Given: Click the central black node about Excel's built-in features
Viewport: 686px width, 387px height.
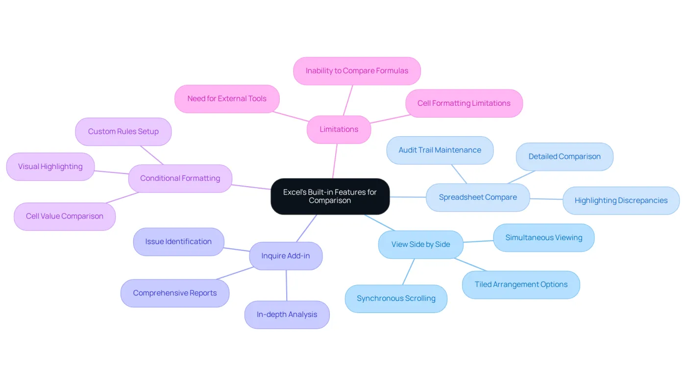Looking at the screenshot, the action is (x=330, y=196).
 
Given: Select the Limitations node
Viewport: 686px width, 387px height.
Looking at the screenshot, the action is (x=339, y=129).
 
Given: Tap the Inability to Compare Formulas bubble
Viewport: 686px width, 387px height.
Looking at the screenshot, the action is (x=357, y=71).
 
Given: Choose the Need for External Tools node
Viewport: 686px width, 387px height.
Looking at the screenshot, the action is (x=227, y=98).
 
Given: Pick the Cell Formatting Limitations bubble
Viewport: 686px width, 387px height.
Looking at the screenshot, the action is (x=464, y=103).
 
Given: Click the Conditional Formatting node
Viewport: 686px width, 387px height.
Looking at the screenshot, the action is (x=180, y=178).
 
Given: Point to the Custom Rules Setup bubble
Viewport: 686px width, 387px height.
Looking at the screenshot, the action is (x=123, y=131).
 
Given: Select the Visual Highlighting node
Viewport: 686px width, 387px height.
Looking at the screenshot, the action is (x=50, y=167).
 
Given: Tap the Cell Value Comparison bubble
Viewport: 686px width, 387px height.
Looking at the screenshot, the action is (x=65, y=216).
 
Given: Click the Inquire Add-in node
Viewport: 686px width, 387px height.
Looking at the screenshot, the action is (x=286, y=256).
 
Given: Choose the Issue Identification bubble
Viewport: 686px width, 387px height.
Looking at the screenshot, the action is (x=178, y=242).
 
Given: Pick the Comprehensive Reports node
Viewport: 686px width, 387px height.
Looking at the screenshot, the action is (x=175, y=293).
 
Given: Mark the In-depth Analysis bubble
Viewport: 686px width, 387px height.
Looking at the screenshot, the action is (x=287, y=314).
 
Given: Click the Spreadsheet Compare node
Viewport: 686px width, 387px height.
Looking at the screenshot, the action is (x=478, y=197).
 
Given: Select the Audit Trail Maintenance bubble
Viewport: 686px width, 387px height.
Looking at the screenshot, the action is (x=440, y=150).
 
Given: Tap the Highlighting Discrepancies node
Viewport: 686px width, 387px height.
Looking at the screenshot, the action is (x=621, y=200).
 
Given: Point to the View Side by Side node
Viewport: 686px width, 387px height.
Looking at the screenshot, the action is (x=421, y=244).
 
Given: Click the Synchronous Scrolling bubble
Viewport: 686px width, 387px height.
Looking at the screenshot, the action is (x=396, y=298).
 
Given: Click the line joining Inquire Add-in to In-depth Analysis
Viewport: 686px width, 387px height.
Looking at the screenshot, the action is (x=287, y=285).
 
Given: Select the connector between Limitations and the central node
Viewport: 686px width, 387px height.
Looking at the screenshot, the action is (x=335, y=161).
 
